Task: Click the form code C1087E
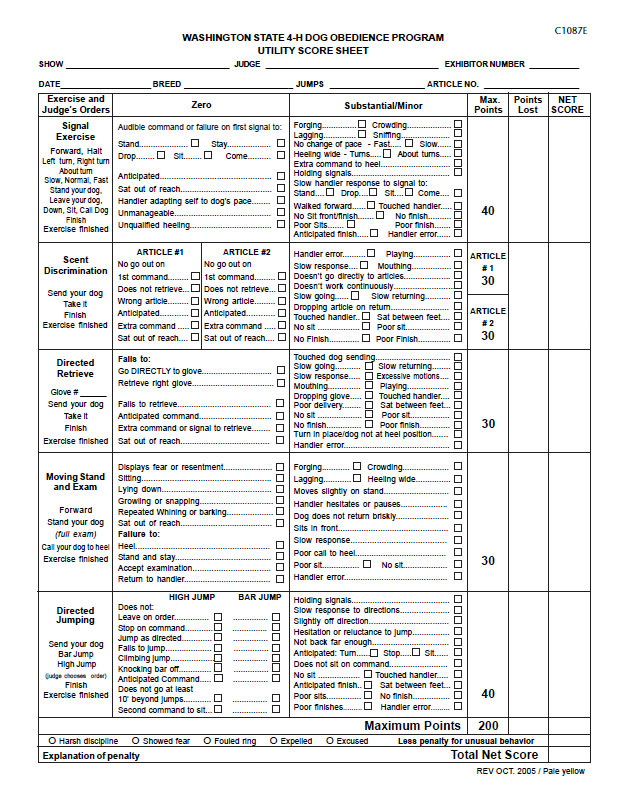pos(571,31)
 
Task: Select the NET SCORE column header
pos(567,105)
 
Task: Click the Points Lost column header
pos(527,105)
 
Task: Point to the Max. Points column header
pos(488,105)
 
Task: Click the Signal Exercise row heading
pos(76,132)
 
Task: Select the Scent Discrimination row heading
pos(76,265)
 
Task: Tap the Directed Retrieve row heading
pos(76,368)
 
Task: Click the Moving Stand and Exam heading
pos(76,482)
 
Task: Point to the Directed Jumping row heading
pos(76,615)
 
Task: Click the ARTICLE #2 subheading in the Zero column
pos(246,252)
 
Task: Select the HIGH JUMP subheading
pos(192,597)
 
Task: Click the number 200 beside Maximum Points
pos(488,726)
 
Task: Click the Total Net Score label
pos(495,756)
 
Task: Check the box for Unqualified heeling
pos(278,225)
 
